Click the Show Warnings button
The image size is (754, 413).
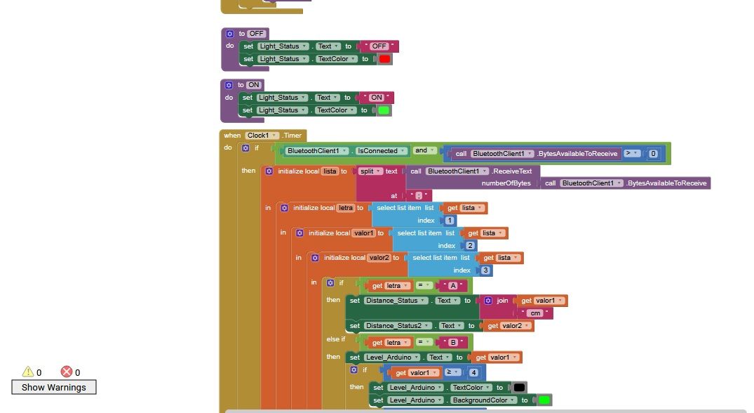54,387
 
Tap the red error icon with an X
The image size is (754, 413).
67,372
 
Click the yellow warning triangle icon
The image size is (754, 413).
28,372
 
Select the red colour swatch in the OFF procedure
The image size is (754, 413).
384,59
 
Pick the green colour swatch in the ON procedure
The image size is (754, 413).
384,110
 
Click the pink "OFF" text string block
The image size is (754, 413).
379,46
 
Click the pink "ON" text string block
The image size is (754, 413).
377,98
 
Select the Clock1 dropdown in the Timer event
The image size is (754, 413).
262,136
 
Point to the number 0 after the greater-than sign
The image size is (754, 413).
652,154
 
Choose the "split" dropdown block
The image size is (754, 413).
370,171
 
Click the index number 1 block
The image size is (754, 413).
449,221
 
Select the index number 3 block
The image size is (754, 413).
485,270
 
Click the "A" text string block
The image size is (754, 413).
452,285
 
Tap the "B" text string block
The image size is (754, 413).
452,342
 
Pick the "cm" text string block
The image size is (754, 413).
535,313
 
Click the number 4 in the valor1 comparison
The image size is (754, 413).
473,372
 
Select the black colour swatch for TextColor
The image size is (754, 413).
519,388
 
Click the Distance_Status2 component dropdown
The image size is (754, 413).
397,325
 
